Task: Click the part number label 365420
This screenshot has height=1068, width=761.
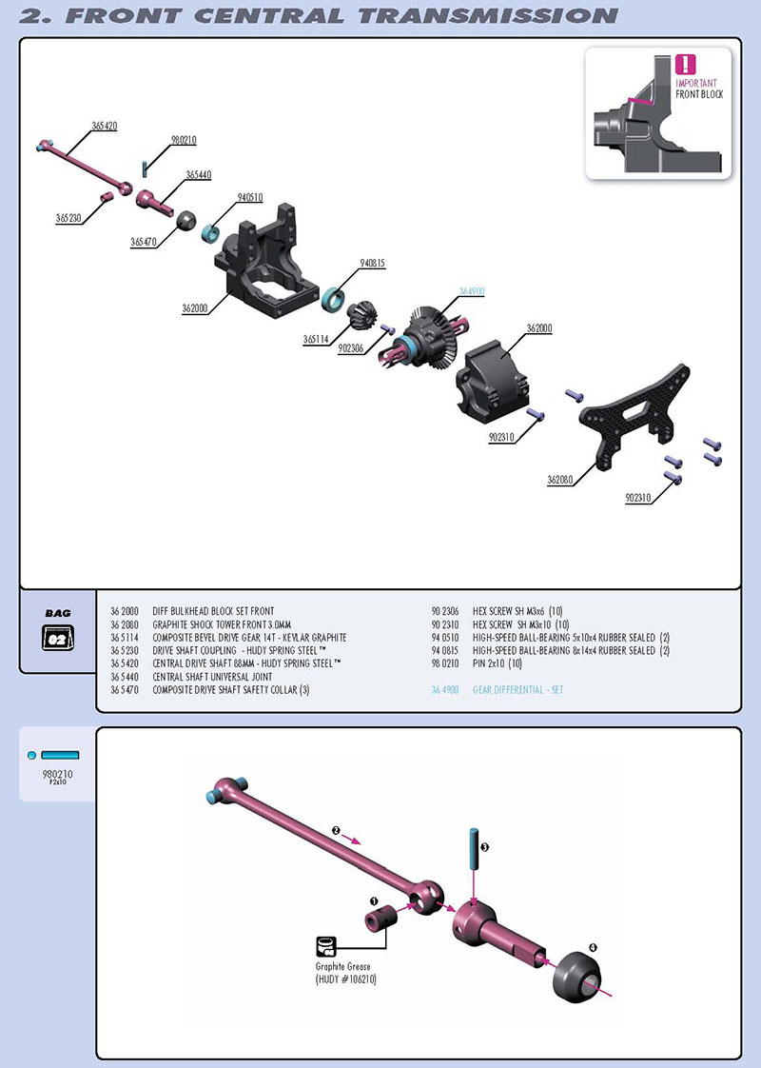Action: click(105, 126)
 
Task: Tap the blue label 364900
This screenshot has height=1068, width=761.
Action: click(472, 291)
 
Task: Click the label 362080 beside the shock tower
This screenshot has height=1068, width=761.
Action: click(560, 481)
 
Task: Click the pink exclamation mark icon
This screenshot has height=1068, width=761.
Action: click(685, 65)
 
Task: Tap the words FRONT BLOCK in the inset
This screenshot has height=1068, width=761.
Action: click(699, 94)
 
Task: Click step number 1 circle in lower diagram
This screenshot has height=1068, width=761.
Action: click(375, 900)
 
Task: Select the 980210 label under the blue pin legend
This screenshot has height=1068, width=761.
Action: click(58, 774)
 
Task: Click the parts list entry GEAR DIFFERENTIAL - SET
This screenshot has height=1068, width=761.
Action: click(517, 689)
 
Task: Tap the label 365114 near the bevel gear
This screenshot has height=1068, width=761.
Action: click(317, 339)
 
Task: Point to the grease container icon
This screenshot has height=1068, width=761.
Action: click(325, 945)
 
